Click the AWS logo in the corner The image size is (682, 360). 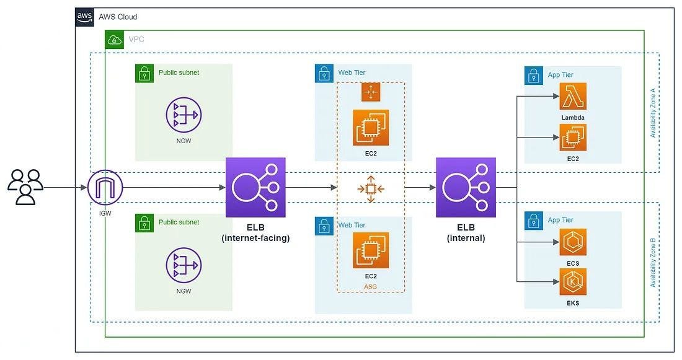(x=84, y=17)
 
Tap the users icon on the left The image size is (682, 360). (x=25, y=187)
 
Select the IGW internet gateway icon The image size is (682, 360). (x=105, y=187)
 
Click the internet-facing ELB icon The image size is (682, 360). (x=255, y=187)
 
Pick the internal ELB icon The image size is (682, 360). (x=466, y=187)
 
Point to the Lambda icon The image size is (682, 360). (x=573, y=96)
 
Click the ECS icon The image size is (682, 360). (x=573, y=242)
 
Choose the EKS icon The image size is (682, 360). (x=573, y=282)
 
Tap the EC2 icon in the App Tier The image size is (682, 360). (x=573, y=138)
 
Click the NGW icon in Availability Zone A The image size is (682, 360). (x=184, y=115)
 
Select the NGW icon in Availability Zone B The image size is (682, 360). (x=184, y=265)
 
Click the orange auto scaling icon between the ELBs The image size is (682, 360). (x=371, y=189)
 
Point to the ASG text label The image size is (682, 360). (x=370, y=286)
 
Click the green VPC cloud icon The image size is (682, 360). (x=115, y=40)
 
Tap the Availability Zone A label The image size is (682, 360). (x=653, y=113)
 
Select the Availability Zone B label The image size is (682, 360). (x=653, y=263)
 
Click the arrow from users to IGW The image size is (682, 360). (x=65, y=187)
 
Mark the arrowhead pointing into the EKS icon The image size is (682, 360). (x=556, y=282)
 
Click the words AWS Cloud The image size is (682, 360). (x=118, y=17)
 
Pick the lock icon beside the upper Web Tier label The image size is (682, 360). (x=324, y=74)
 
